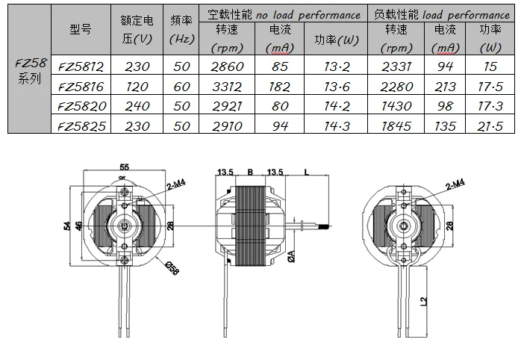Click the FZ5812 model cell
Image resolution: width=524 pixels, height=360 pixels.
tap(81, 66)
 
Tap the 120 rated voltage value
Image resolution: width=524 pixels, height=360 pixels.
tap(137, 87)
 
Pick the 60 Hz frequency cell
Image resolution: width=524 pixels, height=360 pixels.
tap(181, 87)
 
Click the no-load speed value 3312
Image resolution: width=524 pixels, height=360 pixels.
tap(227, 87)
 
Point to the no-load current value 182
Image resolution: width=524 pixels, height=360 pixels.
tap(279, 87)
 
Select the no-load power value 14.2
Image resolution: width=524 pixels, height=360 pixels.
tap(337, 106)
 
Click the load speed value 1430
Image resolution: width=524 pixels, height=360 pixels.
tap(396, 106)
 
